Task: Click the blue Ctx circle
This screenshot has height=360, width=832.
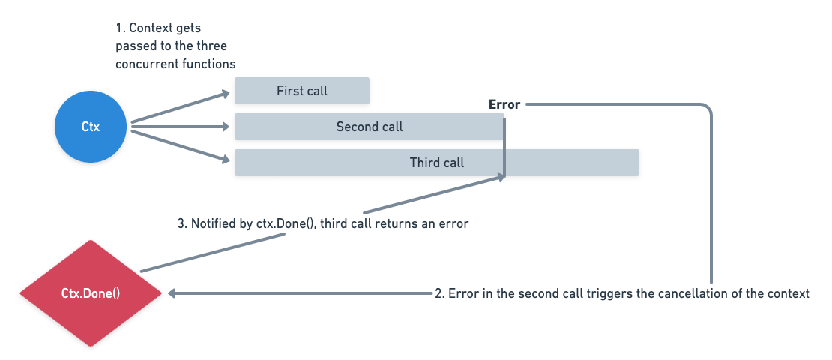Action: [91, 127]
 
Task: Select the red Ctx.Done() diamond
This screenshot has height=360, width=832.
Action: [91, 293]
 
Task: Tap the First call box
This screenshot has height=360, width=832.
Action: [302, 91]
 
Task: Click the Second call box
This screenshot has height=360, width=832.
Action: [370, 127]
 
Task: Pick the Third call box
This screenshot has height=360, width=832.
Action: [437, 163]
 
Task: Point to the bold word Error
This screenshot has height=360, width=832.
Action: [504, 104]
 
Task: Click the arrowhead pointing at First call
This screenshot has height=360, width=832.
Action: [225, 94]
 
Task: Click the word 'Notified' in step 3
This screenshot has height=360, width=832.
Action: [211, 223]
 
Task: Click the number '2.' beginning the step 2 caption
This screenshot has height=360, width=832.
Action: [440, 293]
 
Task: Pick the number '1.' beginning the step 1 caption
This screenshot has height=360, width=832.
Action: [120, 28]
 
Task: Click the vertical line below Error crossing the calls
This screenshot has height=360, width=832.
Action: [504, 147]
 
